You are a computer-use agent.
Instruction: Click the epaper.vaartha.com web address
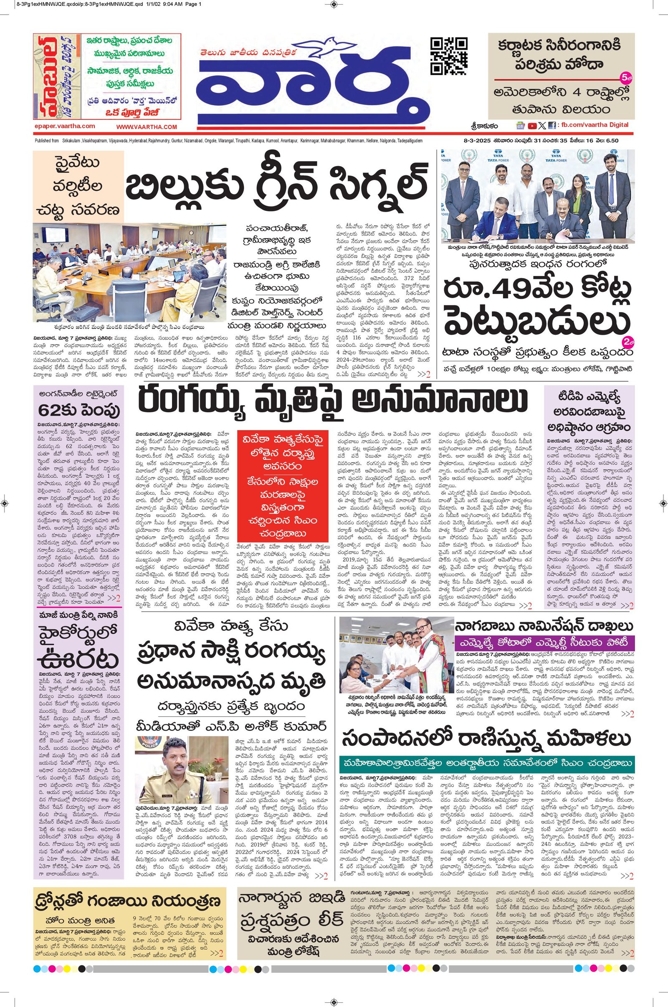click(x=65, y=126)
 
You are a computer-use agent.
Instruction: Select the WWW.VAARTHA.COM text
click(x=147, y=127)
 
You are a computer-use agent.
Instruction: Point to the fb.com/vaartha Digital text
click(x=594, y=125)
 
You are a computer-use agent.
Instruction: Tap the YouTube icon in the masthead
click(x=532, y=125)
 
